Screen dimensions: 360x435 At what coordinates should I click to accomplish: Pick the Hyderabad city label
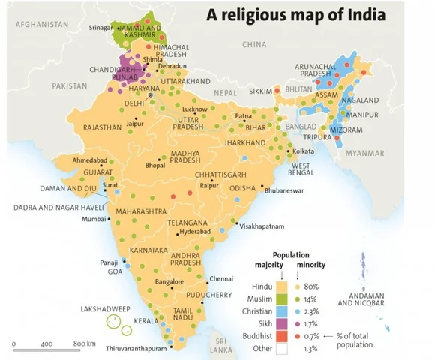(196, 233)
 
